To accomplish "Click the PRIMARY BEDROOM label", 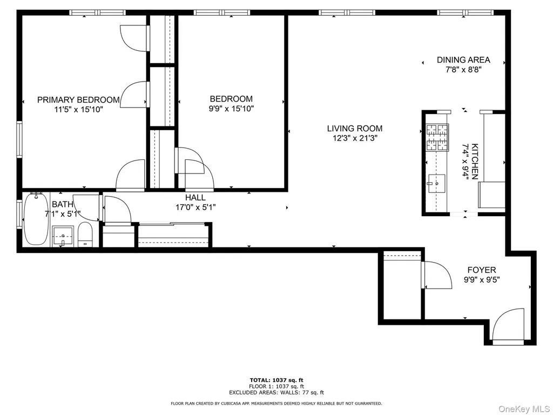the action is point(78,100).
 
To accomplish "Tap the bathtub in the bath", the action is point(36,219).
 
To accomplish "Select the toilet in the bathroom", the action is point(85,235).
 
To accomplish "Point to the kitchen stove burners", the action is point(437,137).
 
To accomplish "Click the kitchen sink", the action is point(436,184).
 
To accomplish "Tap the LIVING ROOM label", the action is point(354,129).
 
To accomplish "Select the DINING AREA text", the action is point(463,59).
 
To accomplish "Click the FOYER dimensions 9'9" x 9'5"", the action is point(481,280).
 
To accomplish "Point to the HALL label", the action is point(195,198).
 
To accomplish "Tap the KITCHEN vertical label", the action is point(475,161).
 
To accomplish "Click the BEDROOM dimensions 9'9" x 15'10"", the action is point(231,109).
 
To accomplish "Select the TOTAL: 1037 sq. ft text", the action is point(276,380).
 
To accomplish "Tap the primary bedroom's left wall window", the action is point(19,139).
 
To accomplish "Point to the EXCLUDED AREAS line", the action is point(276,392).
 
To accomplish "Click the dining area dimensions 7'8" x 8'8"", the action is point(463,70).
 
